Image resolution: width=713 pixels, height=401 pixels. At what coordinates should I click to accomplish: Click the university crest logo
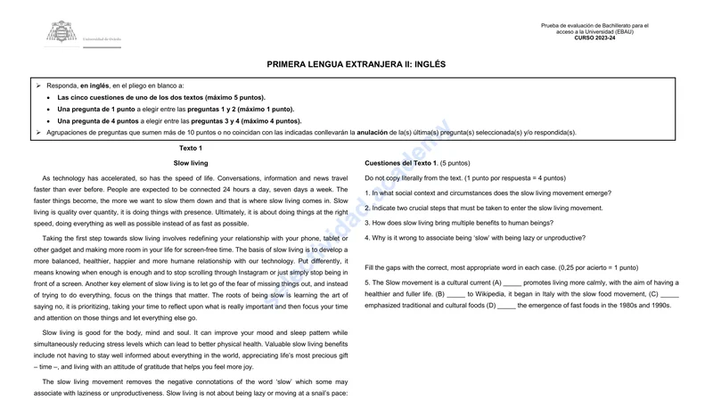point(61,33)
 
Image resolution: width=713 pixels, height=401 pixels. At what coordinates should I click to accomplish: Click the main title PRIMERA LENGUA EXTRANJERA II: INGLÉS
point(356,64)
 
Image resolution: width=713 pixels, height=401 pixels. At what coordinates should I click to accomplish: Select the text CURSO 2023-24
point(594,38)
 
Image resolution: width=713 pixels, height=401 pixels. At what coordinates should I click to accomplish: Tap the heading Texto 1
point(191,148)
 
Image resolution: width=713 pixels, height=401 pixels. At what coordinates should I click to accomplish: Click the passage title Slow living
point(191,163)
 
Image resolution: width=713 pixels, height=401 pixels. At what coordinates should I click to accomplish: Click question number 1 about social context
point(487,192)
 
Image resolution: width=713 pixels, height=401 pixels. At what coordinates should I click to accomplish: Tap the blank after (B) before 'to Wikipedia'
point(455,294)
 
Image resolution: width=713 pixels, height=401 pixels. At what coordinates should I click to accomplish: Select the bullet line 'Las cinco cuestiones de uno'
point(160,97)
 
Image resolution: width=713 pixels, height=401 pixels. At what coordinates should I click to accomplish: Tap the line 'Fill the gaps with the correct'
point(501,267)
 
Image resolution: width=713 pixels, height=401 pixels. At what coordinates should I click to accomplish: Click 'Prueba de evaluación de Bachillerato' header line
point(594,26)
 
